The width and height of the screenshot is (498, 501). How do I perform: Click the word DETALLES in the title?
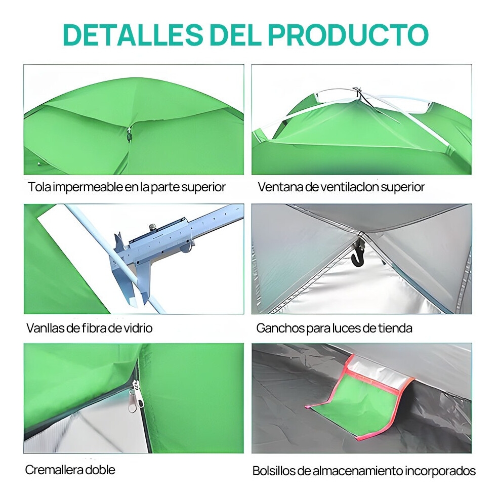[x=133, y=34]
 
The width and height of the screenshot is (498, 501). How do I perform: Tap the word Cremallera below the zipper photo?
[x=50, y=470]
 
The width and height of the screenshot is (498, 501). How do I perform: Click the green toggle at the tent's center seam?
[x=130, y=136]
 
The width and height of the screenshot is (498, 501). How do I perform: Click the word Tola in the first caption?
[x=39, y=187]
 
